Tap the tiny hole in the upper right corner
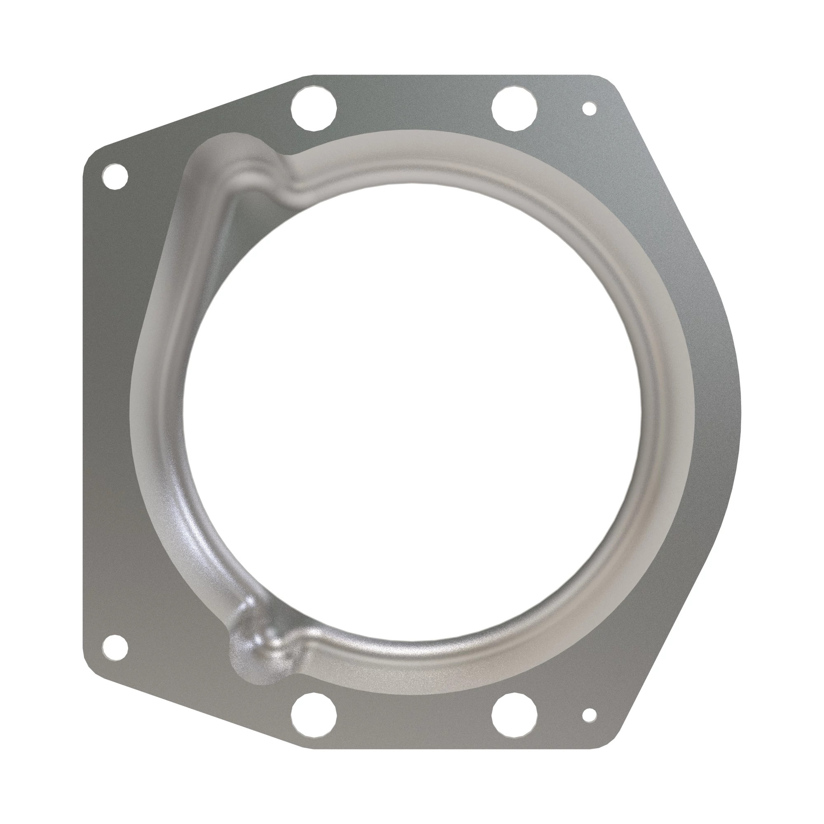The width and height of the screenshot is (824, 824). coord(589,108)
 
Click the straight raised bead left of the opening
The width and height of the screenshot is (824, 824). coord(179,299)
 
